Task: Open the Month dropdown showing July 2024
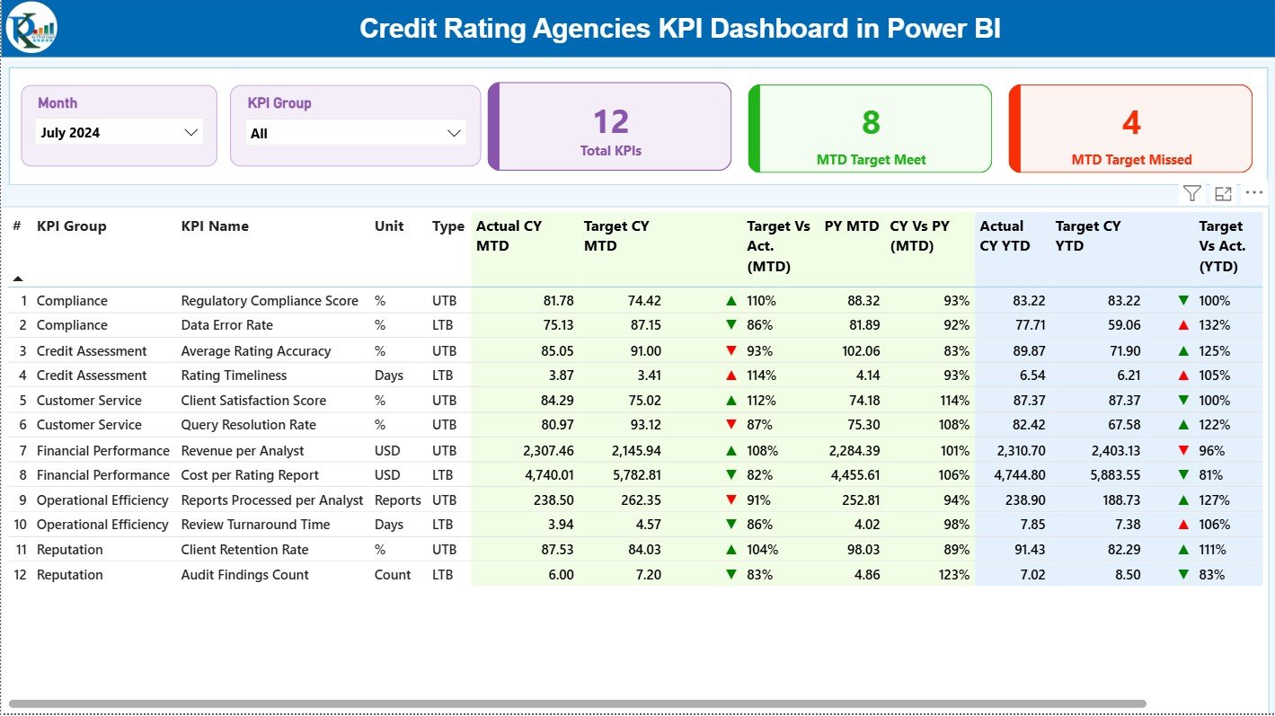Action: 119,133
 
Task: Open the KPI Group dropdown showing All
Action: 356,134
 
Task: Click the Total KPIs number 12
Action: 611,122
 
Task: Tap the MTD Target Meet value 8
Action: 871,122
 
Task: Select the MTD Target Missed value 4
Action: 1131,122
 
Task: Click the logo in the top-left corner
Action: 31,28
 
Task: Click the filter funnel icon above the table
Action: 1191,193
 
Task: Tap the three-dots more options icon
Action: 1254,193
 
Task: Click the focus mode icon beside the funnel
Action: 1223,193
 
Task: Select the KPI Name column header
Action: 215,226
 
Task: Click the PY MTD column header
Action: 851,226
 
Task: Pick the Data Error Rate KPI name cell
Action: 226,325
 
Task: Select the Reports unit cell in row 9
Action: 397,500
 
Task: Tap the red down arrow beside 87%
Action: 731,425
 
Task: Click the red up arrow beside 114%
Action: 731,376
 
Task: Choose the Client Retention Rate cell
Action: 244,550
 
